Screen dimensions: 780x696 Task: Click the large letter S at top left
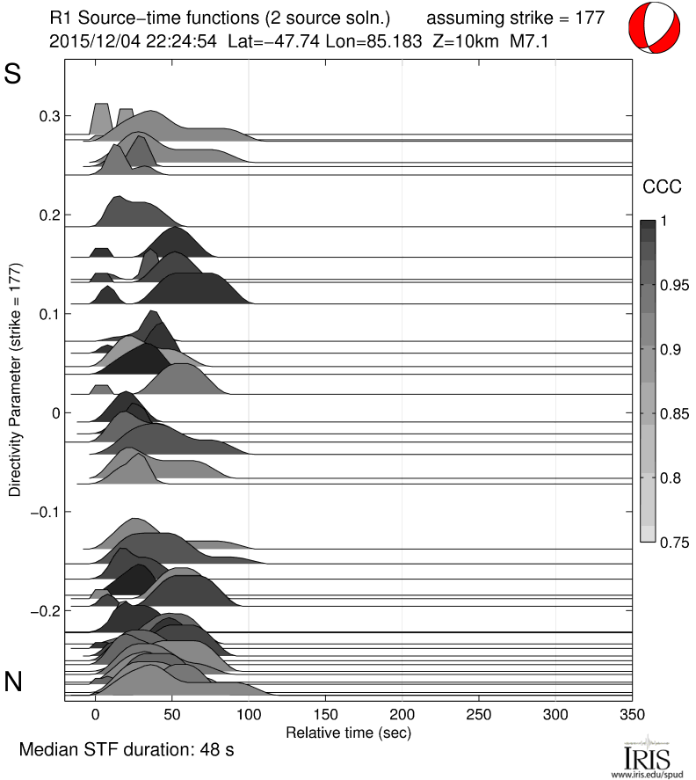click(x=13, y=75)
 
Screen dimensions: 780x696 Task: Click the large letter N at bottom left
click(x=13, y=682)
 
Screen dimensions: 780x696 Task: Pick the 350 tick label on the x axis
click(x=632, y=715)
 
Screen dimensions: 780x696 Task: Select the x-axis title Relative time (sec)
click(x=349, y=732)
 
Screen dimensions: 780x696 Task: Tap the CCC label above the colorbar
click(x=658, y=186)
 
